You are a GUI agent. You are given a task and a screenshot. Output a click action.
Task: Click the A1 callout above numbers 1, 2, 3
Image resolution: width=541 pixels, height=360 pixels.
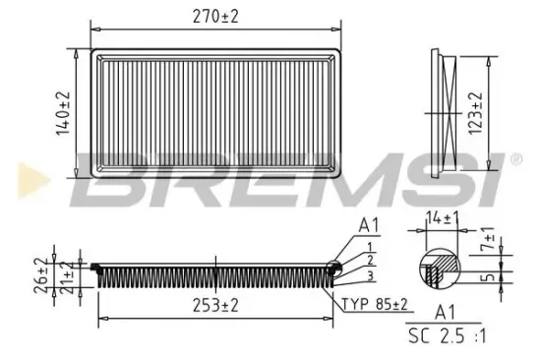[x=369, y=222]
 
